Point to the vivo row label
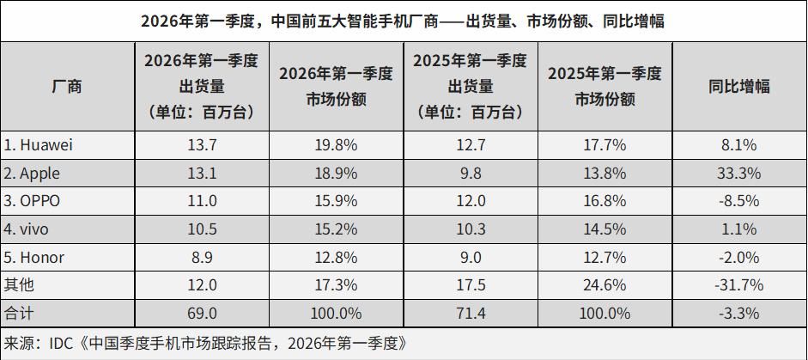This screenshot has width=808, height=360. point(27,229)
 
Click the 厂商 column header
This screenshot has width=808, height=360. point(67,87)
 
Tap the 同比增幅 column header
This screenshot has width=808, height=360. point(738,87)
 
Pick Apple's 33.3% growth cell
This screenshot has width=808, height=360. point(738,174)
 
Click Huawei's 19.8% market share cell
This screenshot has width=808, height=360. point(336,145)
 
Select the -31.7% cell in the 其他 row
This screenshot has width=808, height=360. point(738,285)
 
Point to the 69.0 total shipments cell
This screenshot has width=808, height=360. point(201,313)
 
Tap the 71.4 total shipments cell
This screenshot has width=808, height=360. point(470,313)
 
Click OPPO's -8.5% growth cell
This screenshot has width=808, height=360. point(738,201)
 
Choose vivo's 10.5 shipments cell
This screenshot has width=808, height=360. point(201,229)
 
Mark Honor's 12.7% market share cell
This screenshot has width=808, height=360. point(604,258)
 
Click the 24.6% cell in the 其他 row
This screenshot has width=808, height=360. point(604,285)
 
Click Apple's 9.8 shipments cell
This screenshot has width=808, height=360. point(470,174)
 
